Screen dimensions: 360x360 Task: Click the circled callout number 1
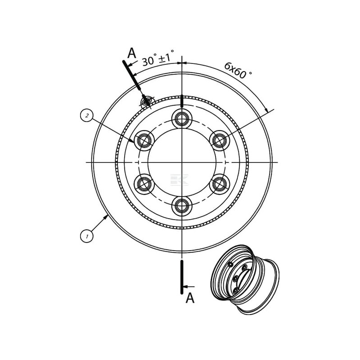click(87, 236)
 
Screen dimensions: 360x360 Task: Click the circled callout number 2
click(87, 116)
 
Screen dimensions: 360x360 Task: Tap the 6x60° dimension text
click(238, 70)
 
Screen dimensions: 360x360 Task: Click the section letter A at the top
click(131, 53)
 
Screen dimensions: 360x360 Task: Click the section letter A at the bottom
click(190, 298)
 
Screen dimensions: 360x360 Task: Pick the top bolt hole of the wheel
click(182, 119)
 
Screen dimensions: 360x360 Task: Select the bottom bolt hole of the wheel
click(182, 206)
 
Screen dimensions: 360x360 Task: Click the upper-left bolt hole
click(144, 140)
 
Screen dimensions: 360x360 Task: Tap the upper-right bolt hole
click(220, 140)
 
